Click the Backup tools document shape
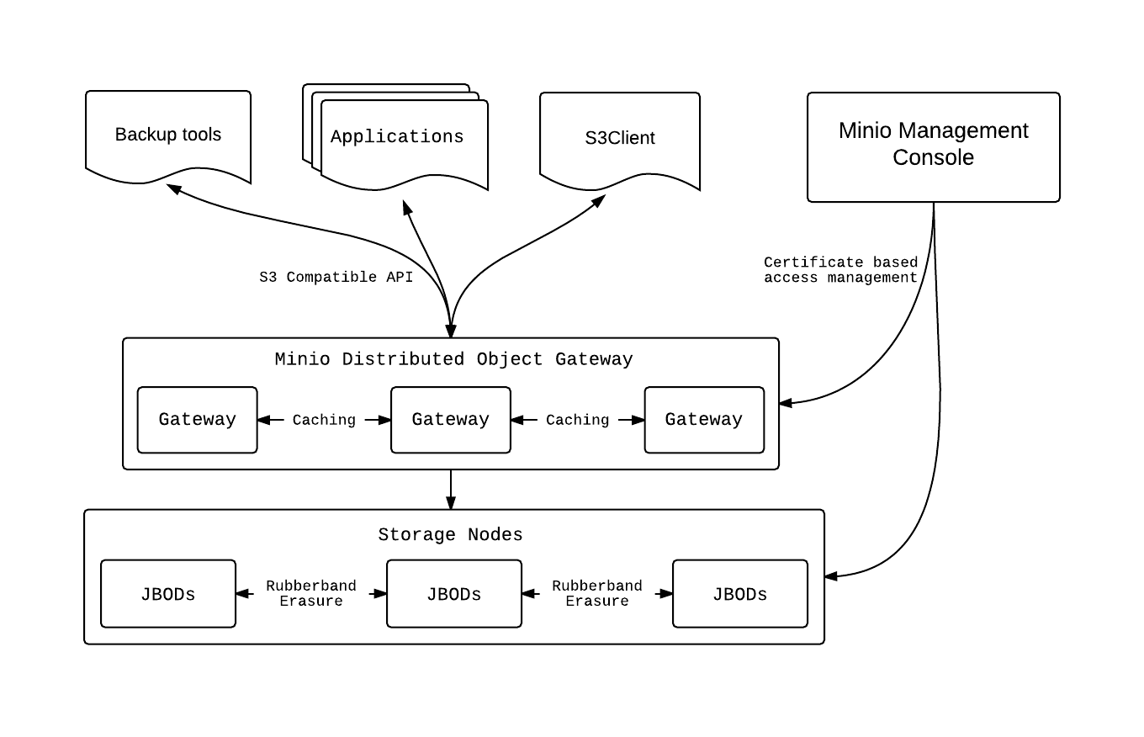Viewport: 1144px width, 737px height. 168,135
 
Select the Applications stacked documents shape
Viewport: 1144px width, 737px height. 395,137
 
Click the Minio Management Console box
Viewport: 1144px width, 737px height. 933,147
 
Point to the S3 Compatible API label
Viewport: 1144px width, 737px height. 336,277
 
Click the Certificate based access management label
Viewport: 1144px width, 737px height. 840,270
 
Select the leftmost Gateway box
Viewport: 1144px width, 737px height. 197,420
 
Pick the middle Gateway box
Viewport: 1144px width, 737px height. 451,420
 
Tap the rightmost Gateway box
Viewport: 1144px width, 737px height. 704,420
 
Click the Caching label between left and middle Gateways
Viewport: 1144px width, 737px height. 324,420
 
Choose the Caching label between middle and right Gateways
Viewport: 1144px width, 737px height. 577,420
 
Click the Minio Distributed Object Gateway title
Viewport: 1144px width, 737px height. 453,359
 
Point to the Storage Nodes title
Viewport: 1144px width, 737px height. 451,535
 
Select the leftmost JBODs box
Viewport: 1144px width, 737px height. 168,593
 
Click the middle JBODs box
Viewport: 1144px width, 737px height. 454,593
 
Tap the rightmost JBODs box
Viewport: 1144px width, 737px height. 740,593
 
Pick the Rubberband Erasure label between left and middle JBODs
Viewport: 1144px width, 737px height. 311,593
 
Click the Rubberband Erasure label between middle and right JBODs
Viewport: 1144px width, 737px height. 597,593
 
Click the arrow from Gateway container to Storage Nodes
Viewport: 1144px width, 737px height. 451,490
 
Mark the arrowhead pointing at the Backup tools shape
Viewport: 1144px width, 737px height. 173,189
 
